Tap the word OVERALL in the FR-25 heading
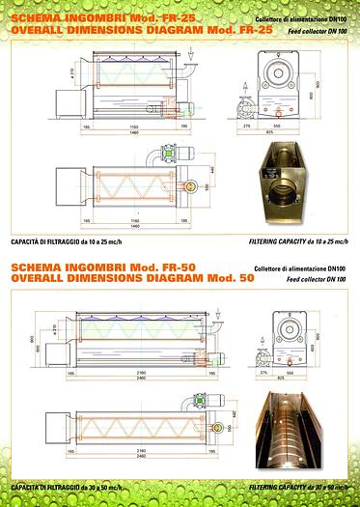coord(37,31)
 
